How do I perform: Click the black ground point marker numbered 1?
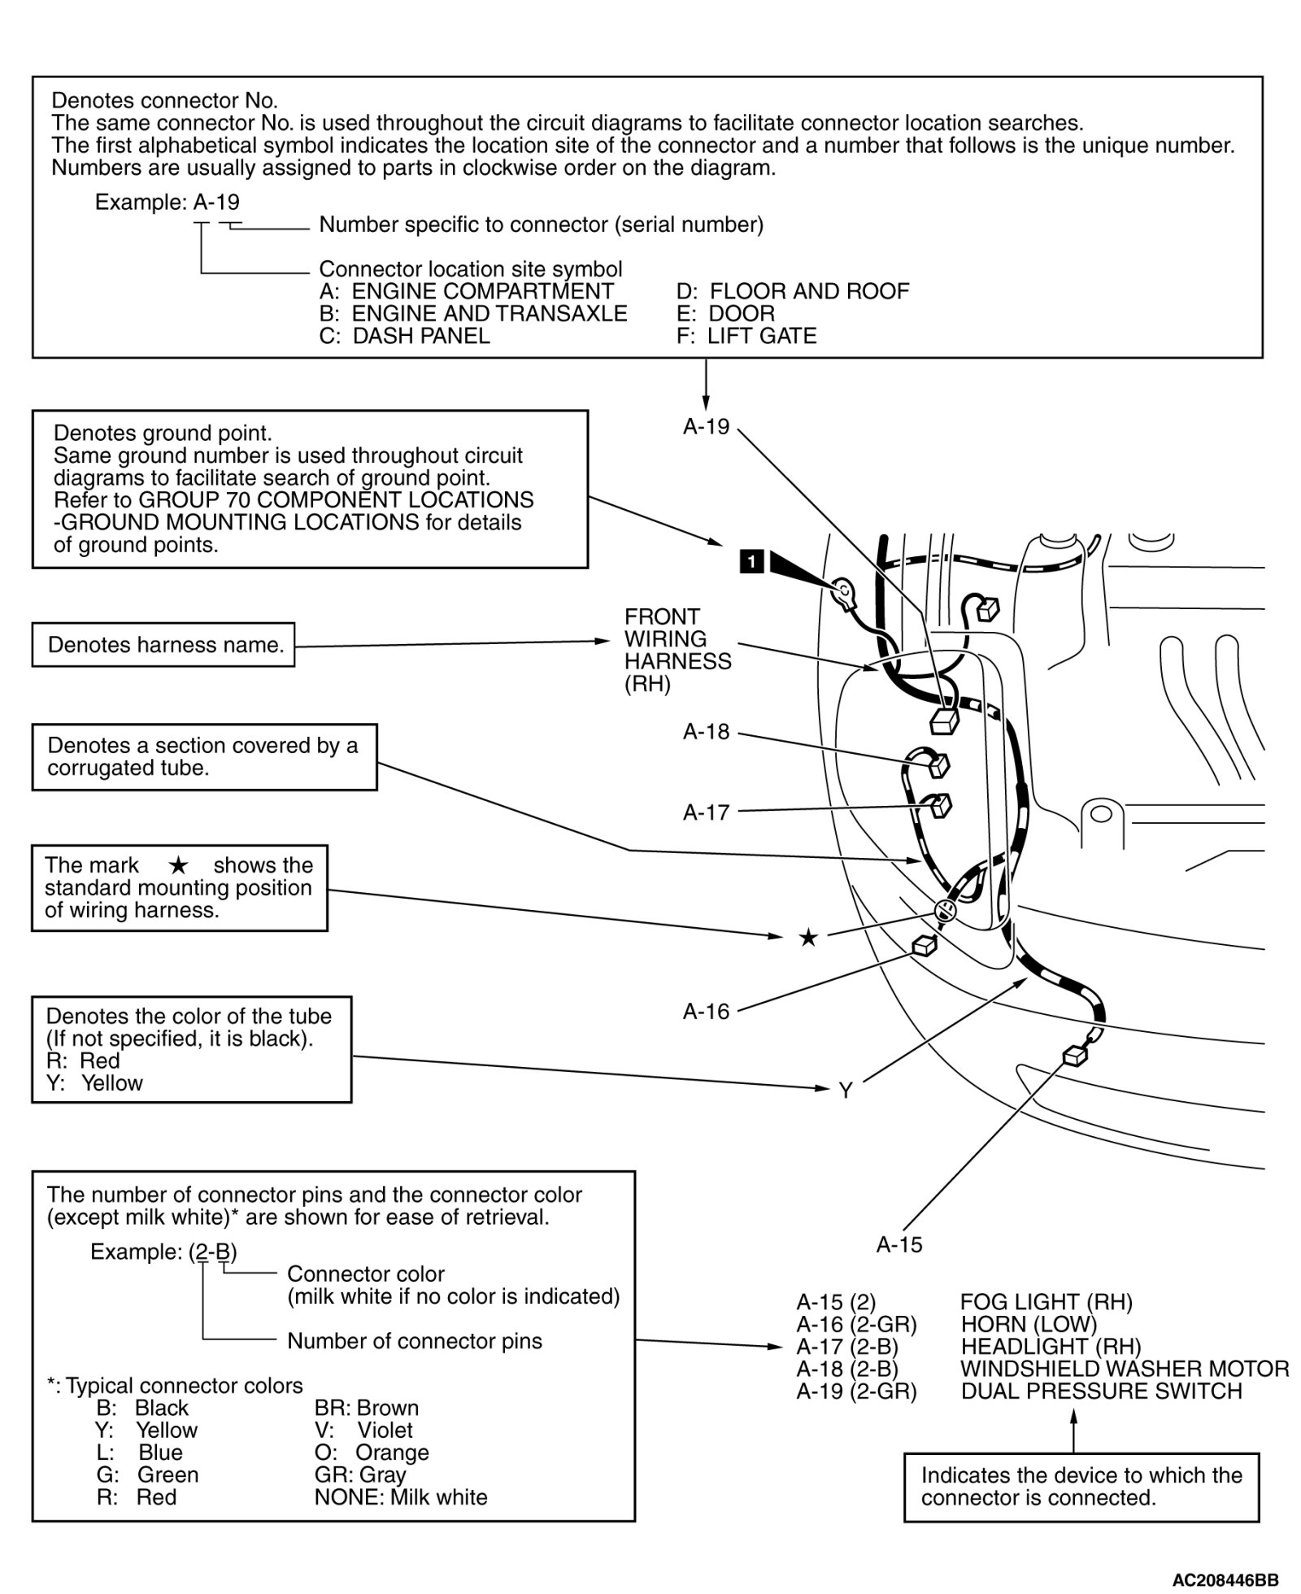pyautogui.click(x=752, y=561)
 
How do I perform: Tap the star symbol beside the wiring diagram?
pyautogui.click(x=807, y=938)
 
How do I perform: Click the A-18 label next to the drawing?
pyautogui.click(x=706, y=732)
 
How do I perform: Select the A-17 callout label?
pyautogui.click(x=706, y=812)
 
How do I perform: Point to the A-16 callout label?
pyautogui.click(x=706, y=1011)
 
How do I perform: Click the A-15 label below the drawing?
pyautogui.click(x=899, y=1244)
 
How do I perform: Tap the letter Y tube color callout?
pyautogui.click(x=846, y=1091)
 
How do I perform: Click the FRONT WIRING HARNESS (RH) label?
pyautogui.click(x=677, y=650)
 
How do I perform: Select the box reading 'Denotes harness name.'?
pyautogui.click(x=163, y=645)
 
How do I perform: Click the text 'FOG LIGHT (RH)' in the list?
pyautogui.click(x=1046, y=1302)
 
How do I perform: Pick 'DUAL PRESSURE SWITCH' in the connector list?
pyautogui.click(x=1101, y=1391)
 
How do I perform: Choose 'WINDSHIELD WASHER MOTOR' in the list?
pyautogui.click(x=1125, y=1369)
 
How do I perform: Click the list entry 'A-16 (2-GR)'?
pyautogui.click(x=856, y=1324)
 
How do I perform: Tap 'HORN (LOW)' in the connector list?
pyautogui.click(x=1028, y=1324)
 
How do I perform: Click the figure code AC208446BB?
pyautogui.click(x=1225, y=1579)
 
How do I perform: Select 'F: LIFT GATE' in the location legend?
pyautogui.click(x=746, y=336)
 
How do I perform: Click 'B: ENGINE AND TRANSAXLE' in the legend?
pyautogui.click(x=473, y=314)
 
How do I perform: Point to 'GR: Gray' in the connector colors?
pyautogui.click(x=359, y=1474)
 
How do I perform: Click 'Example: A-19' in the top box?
pyautogui.click(x=168, y=202)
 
